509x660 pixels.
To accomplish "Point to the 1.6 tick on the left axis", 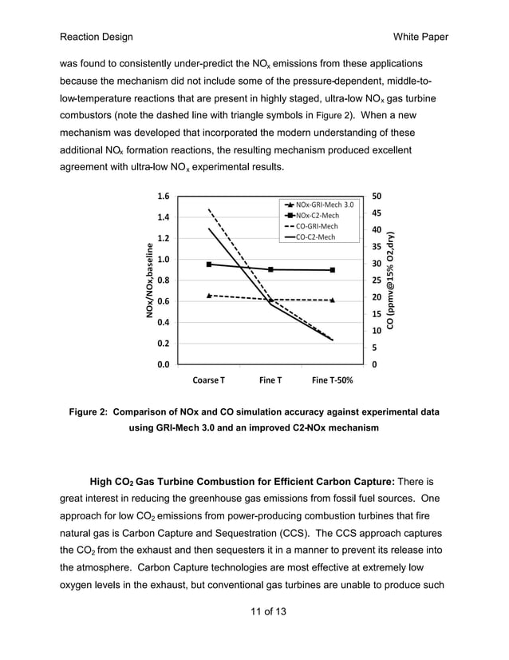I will pyautogui.click(x=163, y=196).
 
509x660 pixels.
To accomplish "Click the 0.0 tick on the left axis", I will pyautogui.click(x=163, y=364).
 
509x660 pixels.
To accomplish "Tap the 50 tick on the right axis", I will pyautogui.click(x=377, y=196).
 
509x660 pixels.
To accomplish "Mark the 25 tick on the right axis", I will pyautogui.click(x=377, y=280).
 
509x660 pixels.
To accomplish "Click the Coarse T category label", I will pyautogui.click(x=208, y=380).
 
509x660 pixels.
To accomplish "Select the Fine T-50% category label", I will pyautogui.click(x=333, y=380).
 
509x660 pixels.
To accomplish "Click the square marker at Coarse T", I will pyautogui.click(x=209, y=264).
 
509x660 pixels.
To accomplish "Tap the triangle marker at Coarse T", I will pyautogui.click(x=209, y=296).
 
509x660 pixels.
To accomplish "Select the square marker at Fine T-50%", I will pyautogui.click(x=333, y=270).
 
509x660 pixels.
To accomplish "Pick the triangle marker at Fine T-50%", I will pyautogui.click(x=333, y=300).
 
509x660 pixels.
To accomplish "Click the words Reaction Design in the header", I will pyautogui.click(x=96, y=38).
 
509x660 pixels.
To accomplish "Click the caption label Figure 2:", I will pyautogui.click(x=88, y=412).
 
